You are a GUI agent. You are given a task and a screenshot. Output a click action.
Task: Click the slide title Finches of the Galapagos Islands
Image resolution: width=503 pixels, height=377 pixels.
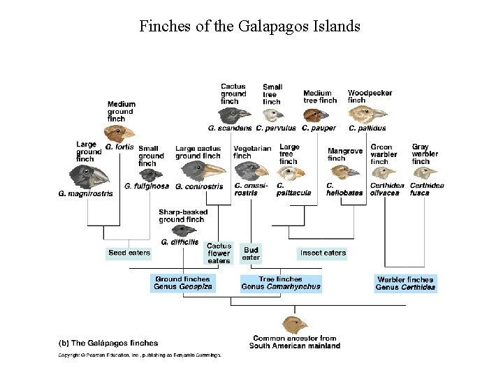250,27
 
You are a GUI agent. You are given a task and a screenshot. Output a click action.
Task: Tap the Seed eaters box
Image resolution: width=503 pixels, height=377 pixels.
129,252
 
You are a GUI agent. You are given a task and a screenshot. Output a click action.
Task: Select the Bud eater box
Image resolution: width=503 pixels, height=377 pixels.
251,253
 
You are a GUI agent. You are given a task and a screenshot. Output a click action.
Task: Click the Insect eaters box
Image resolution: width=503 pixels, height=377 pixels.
323,252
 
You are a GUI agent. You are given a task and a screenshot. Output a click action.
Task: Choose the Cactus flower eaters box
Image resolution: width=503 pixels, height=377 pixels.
219,253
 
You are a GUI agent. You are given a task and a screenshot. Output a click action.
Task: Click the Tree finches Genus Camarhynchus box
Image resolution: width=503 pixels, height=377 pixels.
281,283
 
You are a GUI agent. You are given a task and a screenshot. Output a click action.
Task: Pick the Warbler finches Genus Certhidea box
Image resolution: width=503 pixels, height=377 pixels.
405,283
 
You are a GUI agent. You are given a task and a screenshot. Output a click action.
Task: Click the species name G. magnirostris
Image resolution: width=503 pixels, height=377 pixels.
85,193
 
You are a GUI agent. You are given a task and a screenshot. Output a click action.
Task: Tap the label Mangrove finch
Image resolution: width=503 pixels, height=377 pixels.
345,154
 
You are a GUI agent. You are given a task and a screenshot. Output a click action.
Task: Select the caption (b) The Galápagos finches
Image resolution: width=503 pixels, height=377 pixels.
108,343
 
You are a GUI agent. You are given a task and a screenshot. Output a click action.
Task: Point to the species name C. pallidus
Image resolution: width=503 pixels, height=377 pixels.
367,128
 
